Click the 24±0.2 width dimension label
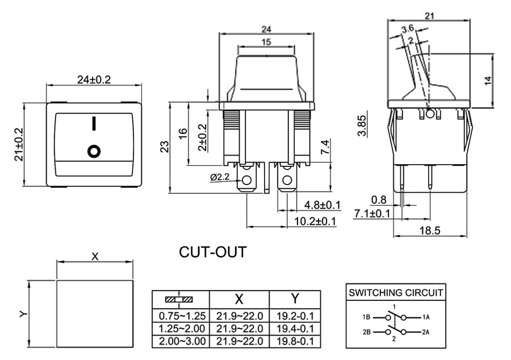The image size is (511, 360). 94,79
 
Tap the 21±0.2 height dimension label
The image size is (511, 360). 19,144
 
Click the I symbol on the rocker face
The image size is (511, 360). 94,123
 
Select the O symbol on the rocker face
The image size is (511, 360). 94,151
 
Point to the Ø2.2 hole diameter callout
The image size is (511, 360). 220,177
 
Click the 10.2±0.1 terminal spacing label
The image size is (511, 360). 315,221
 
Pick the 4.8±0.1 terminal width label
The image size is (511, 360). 322,205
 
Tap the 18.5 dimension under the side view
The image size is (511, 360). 430,231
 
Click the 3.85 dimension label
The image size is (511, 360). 362,125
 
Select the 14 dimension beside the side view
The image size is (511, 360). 488,81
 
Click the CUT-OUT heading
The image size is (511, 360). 213,252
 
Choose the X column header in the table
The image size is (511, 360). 239,299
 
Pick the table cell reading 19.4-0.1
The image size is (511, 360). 295,328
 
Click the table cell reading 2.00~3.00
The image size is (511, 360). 182,341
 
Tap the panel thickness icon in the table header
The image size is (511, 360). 179,299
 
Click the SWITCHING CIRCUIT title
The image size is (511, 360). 396,292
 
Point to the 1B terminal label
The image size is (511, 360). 366,317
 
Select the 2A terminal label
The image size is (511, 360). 426,332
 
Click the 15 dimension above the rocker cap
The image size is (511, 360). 266,42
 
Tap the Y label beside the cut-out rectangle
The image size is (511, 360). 23,314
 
